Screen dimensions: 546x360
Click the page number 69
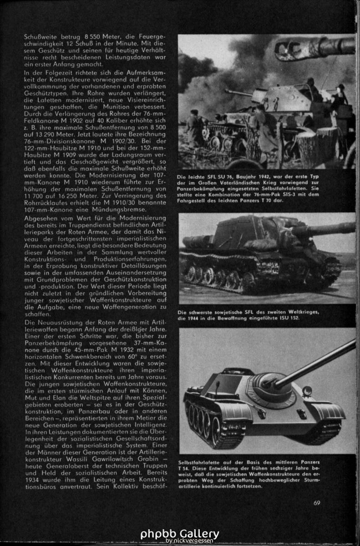317,503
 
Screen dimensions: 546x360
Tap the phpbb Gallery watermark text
180,533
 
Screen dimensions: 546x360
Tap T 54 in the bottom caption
184,467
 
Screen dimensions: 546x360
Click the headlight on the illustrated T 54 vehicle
307,391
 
